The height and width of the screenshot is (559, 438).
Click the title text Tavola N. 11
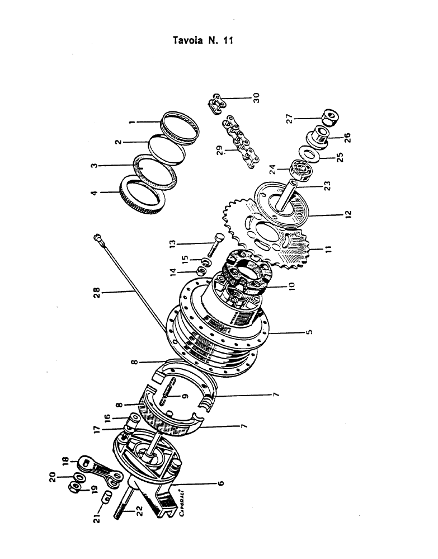tap(204, 40)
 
